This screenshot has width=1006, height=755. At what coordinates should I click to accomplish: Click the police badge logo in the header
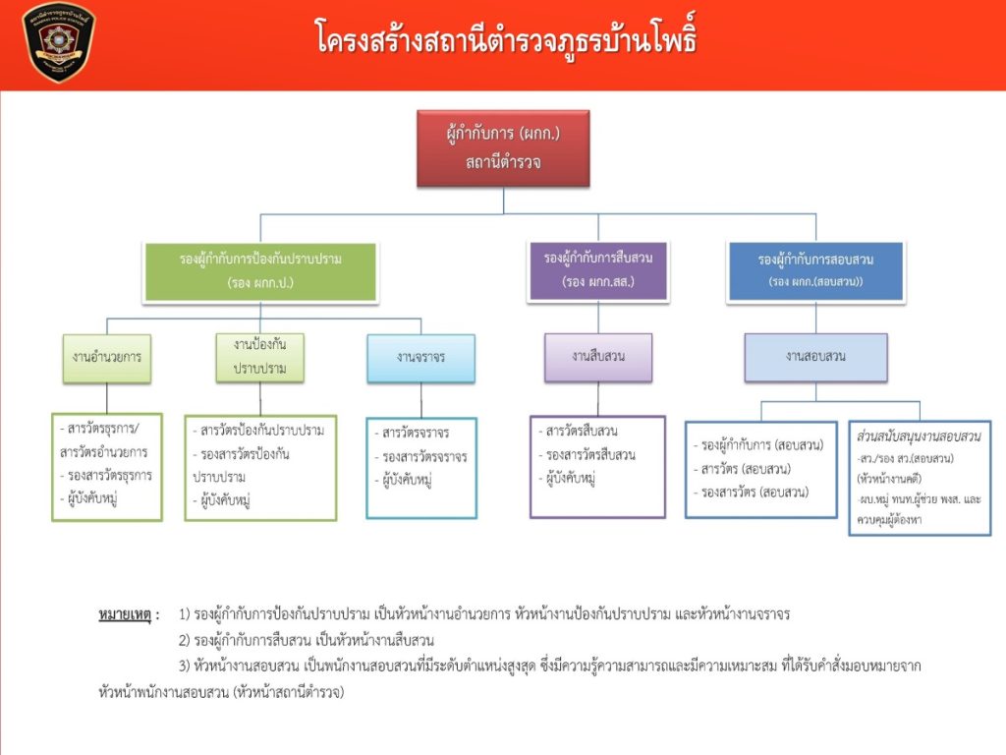(x=59, y=42)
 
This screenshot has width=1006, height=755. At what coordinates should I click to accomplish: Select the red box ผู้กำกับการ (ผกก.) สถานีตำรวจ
(x=503, y=147)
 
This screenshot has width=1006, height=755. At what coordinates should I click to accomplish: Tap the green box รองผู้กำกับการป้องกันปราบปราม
(x=261, y=271)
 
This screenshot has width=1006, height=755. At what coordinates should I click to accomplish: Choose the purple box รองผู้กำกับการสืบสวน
(x=597, y=269)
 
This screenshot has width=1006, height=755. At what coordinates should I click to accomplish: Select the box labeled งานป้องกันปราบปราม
(x=260, y=357)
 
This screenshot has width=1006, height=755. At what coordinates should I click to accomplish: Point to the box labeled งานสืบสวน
(x=597, y=356)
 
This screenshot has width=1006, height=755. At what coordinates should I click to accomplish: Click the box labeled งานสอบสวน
(x=815, y=357)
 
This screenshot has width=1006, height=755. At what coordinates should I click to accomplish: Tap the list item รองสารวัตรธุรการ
(x=107, y=475)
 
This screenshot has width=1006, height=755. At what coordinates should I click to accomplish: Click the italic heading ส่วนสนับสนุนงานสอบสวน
(x=920, y=435)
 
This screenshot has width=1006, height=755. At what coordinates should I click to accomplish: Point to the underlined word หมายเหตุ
(x=125, y=614)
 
